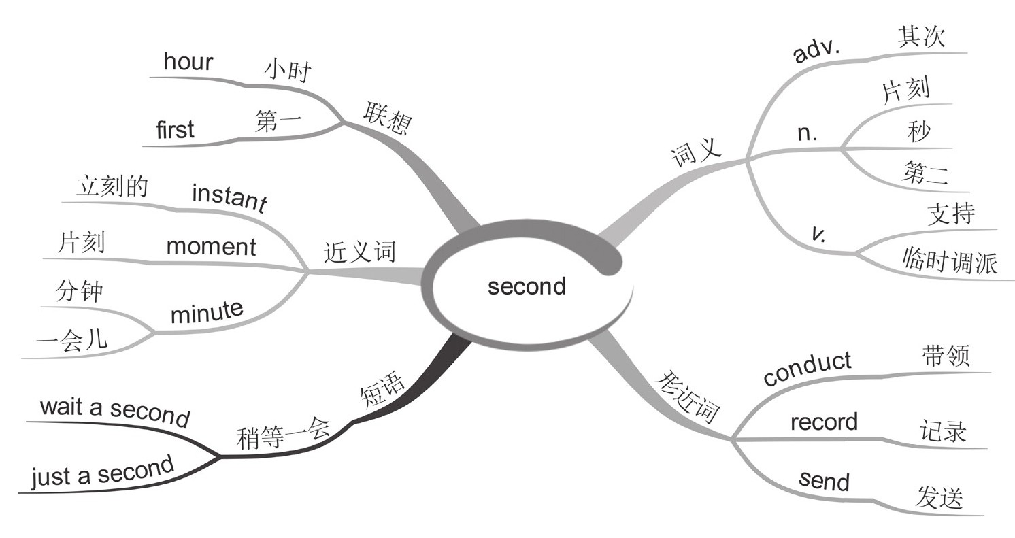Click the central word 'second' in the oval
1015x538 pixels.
click(x=527, y=286)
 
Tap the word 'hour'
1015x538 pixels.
click(x=188, y=62)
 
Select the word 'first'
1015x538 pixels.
click(x=175, y=129)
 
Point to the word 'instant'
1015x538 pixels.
click(x=229, y=197)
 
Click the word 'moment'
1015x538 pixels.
click(x=211, y=246)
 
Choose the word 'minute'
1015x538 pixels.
click(x=206, y=312)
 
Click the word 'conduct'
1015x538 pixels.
click(x=807, y=368)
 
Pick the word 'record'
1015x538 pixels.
click(x=824, y=422)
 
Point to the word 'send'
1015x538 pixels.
click(x=825, y=480)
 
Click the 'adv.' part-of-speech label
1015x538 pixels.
click(x=817, y=50)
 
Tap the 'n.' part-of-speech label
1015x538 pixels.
click(x=807, y=133)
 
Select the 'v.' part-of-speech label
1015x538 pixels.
click(x=820, y=233)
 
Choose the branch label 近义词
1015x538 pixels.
click(x=359, y=253)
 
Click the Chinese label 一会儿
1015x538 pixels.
click(x=71, y=339)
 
